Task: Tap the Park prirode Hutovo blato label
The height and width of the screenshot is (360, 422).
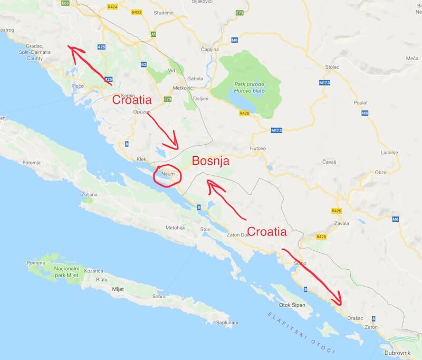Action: pyautogui.click(x=250, y=88)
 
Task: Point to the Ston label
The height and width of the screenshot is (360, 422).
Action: pyautogui.click(x=205, y=229)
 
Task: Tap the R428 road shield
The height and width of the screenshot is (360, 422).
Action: pyautogui.click(x=321, y=237)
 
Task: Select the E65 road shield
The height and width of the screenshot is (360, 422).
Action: pyautogui.click(x=65, y=3)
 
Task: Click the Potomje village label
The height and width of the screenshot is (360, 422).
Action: pyautogui.click(x=31, y=163)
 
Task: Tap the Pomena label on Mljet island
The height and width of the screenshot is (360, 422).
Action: pyautogui.click(x=36, y=262)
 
